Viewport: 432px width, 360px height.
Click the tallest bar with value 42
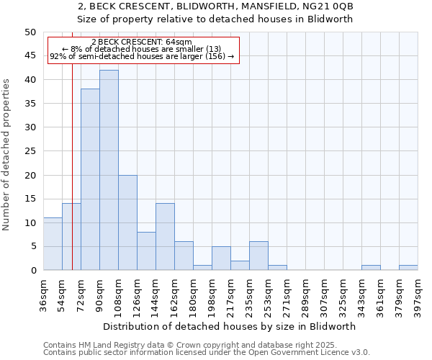[x=109, y=170]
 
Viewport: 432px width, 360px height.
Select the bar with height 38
[x=90, y=179]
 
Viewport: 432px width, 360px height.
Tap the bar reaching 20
[x=127, y=222]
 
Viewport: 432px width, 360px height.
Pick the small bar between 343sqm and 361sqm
[x=371, y=268]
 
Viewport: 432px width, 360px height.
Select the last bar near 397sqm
[x=408, y=268]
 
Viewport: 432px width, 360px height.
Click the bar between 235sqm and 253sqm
[x=258, y=256]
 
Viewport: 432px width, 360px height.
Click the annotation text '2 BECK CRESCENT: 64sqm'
[x=142, y=42]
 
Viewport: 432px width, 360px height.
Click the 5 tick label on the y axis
[x=32, y=246]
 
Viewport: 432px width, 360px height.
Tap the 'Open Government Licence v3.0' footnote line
[x=207, y=353]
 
